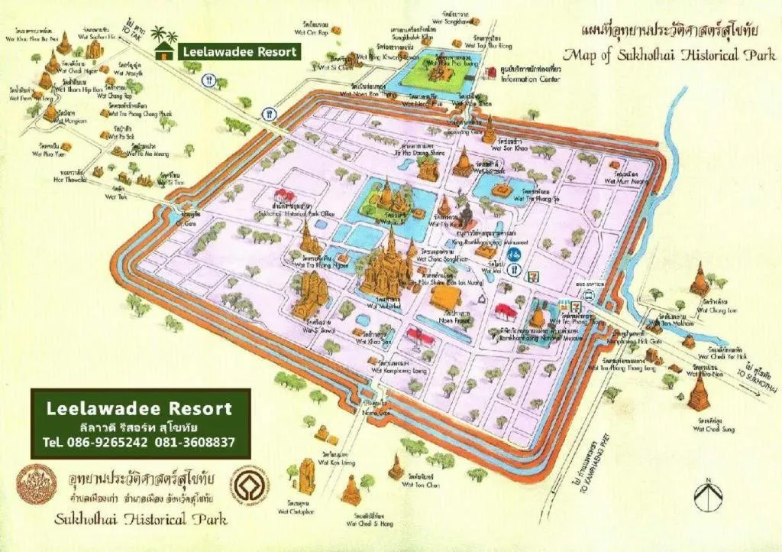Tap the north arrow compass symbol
(708, 495)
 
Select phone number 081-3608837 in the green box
(195, 442)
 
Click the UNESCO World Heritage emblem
(250, 487)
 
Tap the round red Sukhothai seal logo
(37, 485)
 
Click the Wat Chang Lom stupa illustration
(699, 280)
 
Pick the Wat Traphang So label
(537, 198)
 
